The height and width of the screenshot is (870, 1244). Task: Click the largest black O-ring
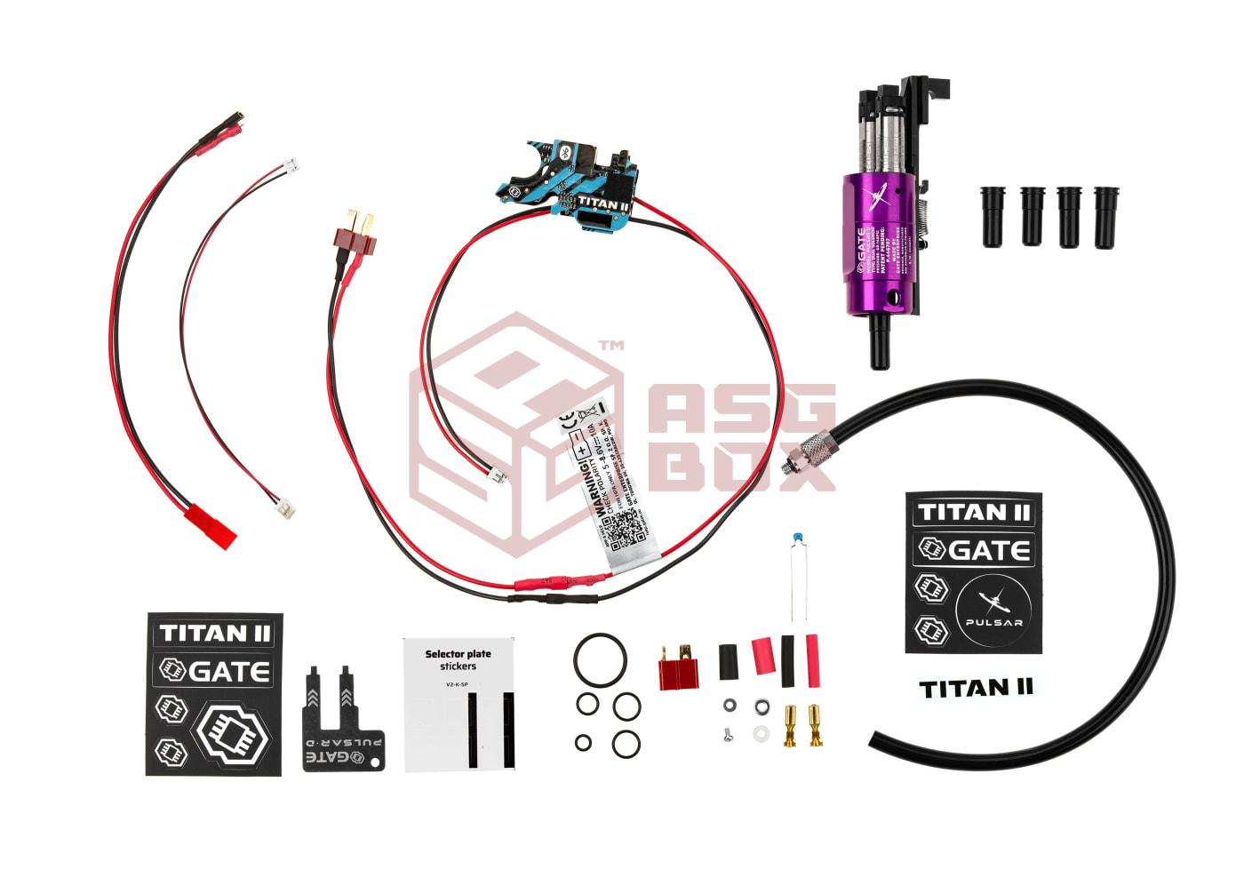pos(601,658)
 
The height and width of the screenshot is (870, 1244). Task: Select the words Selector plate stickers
pos(458,659)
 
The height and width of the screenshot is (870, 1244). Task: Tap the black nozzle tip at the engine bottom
pos(879,350)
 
